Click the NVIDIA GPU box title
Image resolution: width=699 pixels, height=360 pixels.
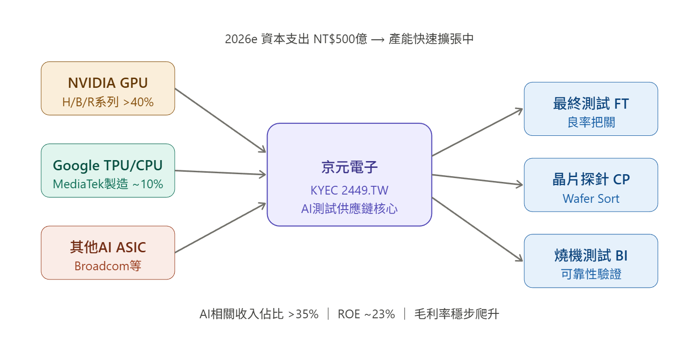coord(108,83)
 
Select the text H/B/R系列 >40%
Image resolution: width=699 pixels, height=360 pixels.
coord(108,102)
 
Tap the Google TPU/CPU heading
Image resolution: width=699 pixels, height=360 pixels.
coord(108,165)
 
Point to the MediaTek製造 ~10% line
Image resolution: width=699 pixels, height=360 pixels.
coord(108,184)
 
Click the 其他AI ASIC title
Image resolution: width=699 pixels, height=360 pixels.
coord(108,247)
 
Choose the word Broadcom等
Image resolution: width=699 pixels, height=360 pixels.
coord(108,266)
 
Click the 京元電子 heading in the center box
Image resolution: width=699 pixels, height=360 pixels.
coord(349,167)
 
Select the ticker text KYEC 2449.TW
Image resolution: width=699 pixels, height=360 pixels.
coord(349,190)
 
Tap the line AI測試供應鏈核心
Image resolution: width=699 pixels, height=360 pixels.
coord(349,209)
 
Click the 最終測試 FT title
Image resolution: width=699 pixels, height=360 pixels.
coord(591,103)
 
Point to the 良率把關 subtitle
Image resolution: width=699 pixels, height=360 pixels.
coord(591,122)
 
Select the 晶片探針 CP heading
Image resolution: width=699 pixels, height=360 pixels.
coord(591,180)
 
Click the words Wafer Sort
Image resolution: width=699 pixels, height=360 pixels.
coord(591,198)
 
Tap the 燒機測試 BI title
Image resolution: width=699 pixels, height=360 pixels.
coord(591,256)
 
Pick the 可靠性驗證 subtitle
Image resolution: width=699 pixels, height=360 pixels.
coord(591,275)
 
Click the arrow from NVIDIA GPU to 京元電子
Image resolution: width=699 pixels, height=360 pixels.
coord(221,121)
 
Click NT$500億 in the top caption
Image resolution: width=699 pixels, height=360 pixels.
coord(340,39)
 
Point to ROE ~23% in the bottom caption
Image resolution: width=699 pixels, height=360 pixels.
coord(366,314)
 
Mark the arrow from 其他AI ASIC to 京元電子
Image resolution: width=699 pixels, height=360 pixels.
coord(221,228)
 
